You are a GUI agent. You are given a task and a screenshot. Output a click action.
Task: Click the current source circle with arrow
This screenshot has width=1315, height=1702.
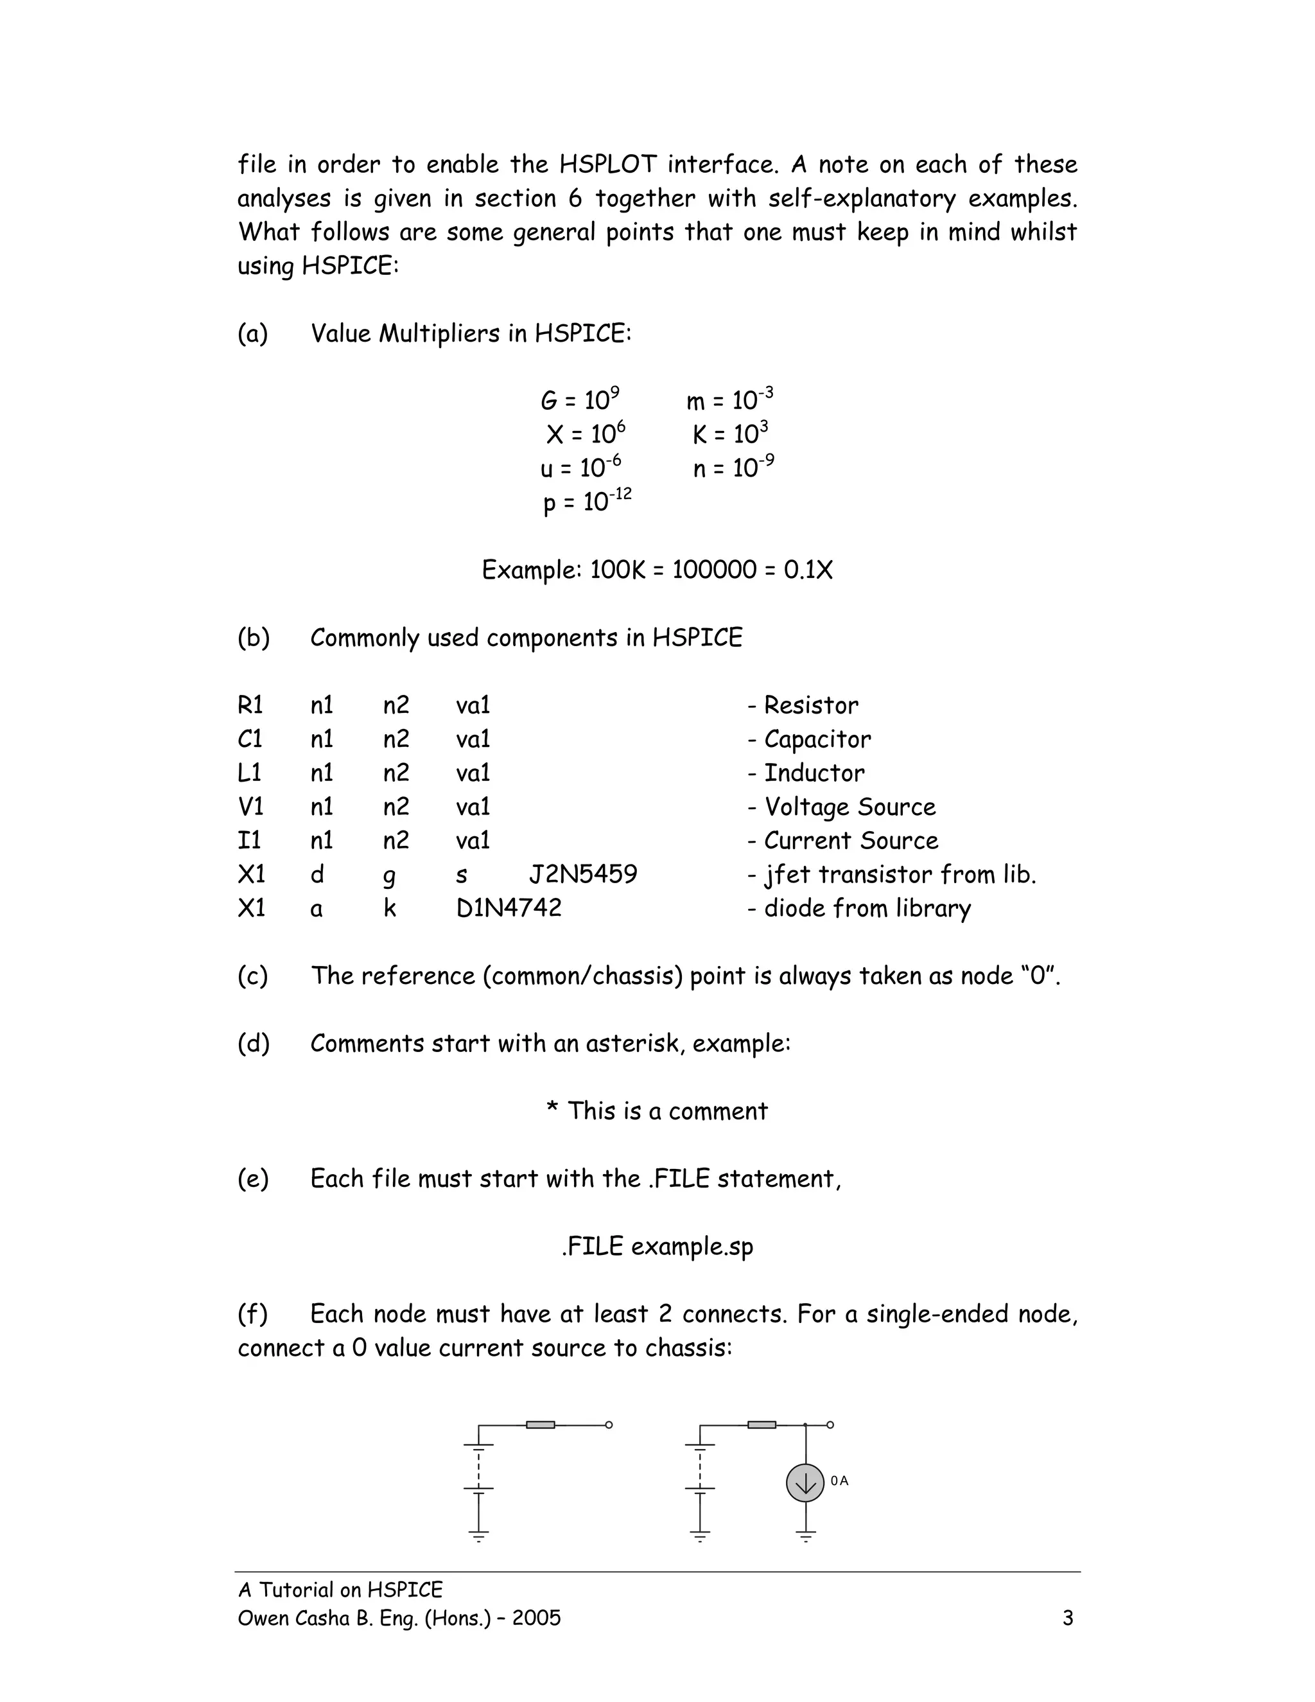[805, 1483]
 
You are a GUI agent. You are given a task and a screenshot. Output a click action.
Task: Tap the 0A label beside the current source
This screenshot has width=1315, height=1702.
[839, 1480]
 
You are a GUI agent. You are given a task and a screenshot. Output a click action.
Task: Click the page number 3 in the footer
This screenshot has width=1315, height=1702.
[1067, 1619]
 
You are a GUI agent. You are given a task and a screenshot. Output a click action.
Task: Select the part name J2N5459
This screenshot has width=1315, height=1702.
[583, 874]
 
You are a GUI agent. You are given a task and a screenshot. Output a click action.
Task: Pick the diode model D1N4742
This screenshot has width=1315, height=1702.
[509, 908]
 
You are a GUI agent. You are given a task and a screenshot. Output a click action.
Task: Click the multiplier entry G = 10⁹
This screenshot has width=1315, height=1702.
[580, 399]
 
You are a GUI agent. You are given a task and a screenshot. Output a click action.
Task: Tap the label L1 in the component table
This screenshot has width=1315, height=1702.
[249, 773]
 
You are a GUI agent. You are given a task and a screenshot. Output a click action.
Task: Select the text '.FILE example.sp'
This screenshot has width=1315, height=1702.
[657, 1246]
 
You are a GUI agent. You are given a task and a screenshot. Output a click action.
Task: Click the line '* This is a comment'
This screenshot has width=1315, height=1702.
[657, 1110]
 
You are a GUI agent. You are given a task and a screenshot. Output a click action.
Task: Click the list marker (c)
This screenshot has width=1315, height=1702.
[252, 976]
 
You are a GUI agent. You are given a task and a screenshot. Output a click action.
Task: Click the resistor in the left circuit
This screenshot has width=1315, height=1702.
[540, 1425]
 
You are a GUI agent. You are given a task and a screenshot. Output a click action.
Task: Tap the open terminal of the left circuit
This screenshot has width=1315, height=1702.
[609, 1425]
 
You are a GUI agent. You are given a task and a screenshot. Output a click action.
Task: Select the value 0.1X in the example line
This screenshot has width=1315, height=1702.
[808, 570]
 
